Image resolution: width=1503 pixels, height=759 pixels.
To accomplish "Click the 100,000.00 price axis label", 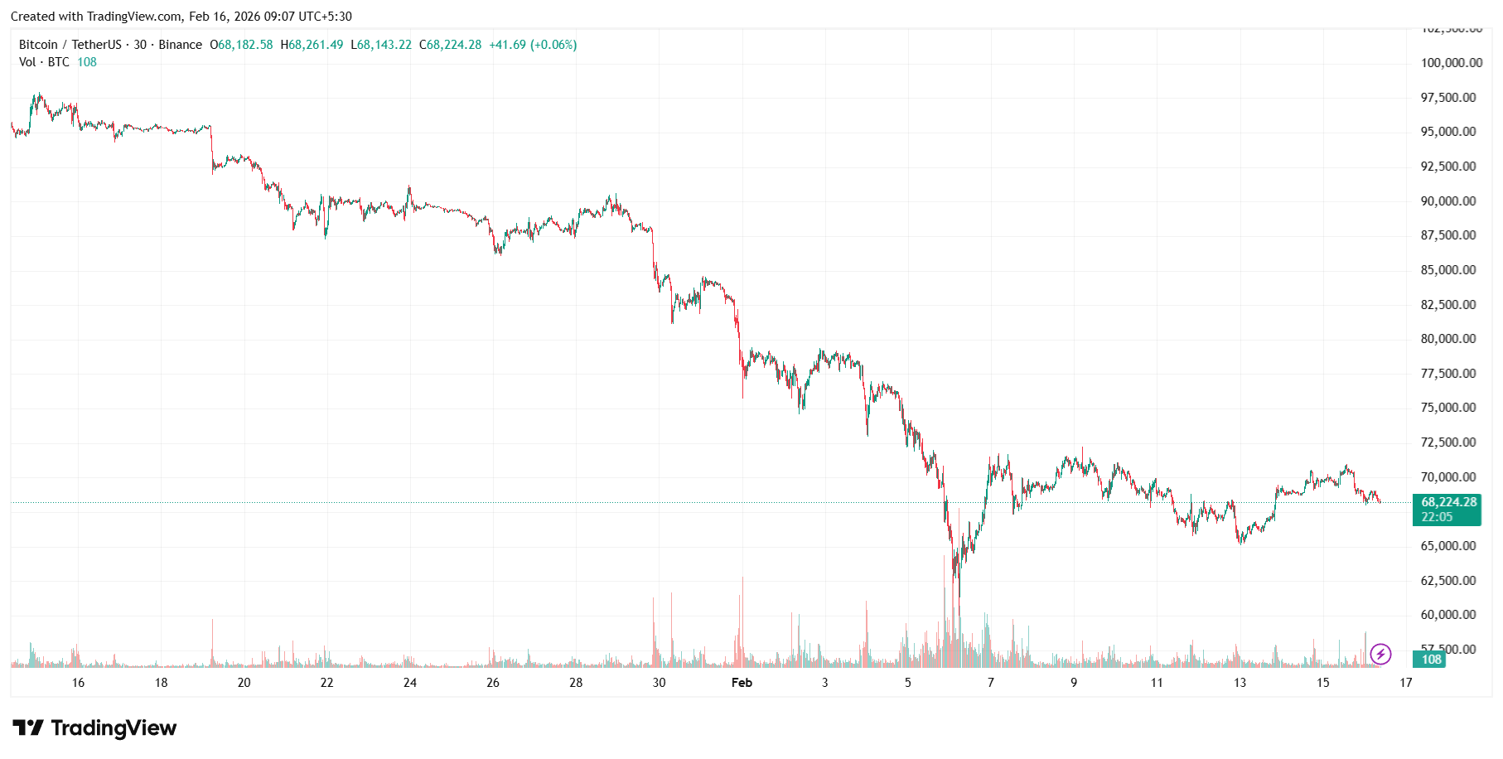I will point(1452,63).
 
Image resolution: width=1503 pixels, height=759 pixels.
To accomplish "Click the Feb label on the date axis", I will point(742,683).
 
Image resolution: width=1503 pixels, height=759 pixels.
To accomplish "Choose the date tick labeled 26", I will point(493,683).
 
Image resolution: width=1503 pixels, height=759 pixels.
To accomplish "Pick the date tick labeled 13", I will point(1240,683).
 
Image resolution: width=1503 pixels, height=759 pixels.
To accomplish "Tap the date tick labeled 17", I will point(1406,683).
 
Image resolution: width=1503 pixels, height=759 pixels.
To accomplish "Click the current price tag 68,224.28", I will point(1448,502).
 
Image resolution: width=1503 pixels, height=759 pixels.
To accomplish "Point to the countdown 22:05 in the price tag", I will point(1437,517).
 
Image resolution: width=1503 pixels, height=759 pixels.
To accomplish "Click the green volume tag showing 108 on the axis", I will point(1431,660).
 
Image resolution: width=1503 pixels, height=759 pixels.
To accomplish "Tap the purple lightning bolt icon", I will point(1380,655).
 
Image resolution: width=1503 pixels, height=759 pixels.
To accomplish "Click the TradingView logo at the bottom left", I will point(94,728).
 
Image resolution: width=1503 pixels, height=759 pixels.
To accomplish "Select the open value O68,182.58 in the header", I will point(241,45).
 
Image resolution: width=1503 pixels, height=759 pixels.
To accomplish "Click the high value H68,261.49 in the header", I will point(312,45).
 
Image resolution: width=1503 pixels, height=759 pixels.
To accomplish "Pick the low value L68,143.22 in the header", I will point(381,45).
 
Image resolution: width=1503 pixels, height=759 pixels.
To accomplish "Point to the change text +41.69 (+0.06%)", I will point(533,45).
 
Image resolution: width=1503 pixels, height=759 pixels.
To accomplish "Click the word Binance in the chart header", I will point(180,45).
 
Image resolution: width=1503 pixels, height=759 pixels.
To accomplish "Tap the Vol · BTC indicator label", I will point(44,62).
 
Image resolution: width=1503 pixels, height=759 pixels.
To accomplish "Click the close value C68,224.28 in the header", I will point(450,45).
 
